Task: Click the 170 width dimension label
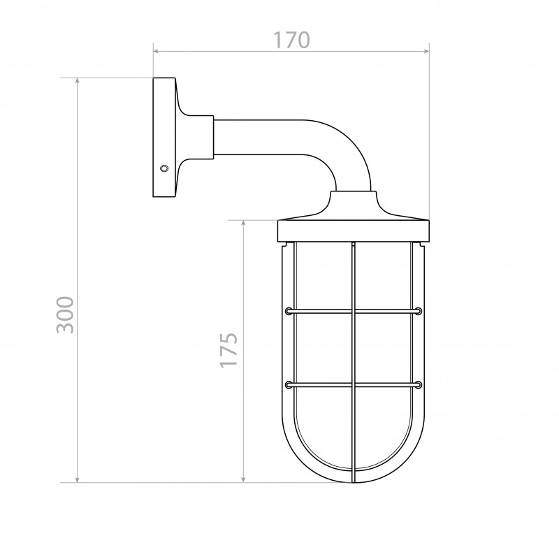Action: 291,41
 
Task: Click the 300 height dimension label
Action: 65,315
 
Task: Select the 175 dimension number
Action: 228,350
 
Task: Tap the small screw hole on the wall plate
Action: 164,168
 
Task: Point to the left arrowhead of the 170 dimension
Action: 156,52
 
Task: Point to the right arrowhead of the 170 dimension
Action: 426,52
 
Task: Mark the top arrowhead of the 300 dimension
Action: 78,81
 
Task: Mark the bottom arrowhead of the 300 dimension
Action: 78,479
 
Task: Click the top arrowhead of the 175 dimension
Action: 243,224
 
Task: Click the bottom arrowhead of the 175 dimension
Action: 243,479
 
